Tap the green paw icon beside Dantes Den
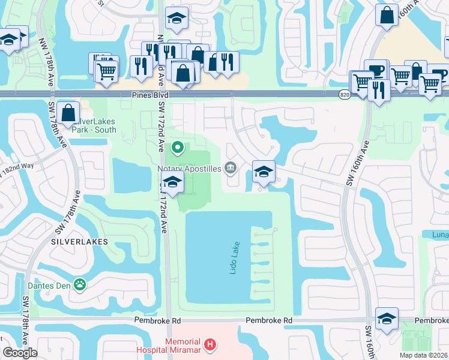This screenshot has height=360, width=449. tap(80, 284)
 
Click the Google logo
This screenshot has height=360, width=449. tap(20, 353)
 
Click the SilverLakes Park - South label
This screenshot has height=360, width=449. tap(94, 124)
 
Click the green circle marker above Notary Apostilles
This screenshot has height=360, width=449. tap(177, 146)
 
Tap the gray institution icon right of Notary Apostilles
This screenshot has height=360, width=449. tap(231, 167)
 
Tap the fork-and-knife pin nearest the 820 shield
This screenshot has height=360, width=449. tap(378, 91)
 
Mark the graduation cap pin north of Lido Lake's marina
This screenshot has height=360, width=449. tap(264, 172)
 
